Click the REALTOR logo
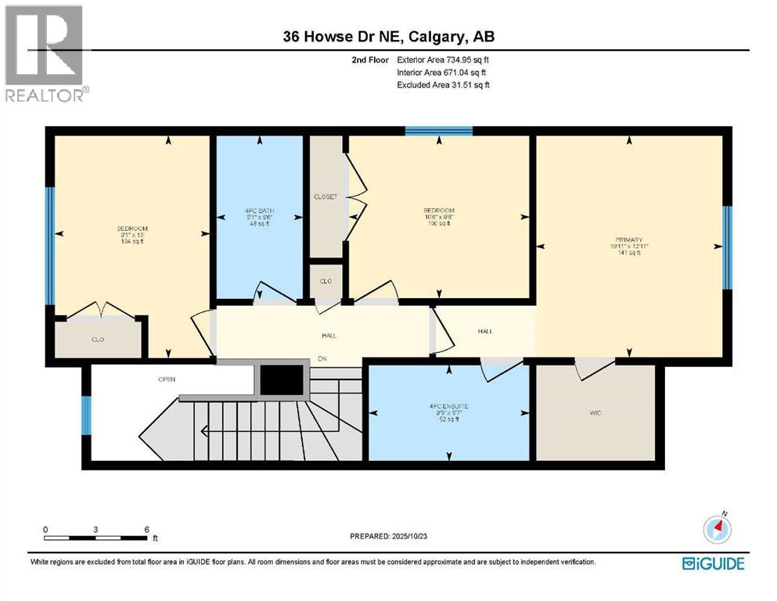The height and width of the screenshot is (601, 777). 45,53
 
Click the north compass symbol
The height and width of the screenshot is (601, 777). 717,530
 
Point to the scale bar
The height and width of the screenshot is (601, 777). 96,538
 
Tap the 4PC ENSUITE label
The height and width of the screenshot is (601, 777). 448,407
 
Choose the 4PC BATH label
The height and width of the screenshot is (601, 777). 259,211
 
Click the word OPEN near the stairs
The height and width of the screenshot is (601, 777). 166,380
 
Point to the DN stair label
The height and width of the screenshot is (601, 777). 322,360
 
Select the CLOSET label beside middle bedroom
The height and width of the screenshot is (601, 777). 325,196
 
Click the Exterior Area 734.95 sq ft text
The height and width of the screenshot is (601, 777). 444,59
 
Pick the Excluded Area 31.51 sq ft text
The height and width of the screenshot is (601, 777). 444,85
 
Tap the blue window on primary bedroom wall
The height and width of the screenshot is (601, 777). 726,247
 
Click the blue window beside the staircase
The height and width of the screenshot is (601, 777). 86,415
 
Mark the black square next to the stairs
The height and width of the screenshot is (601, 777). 281,380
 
